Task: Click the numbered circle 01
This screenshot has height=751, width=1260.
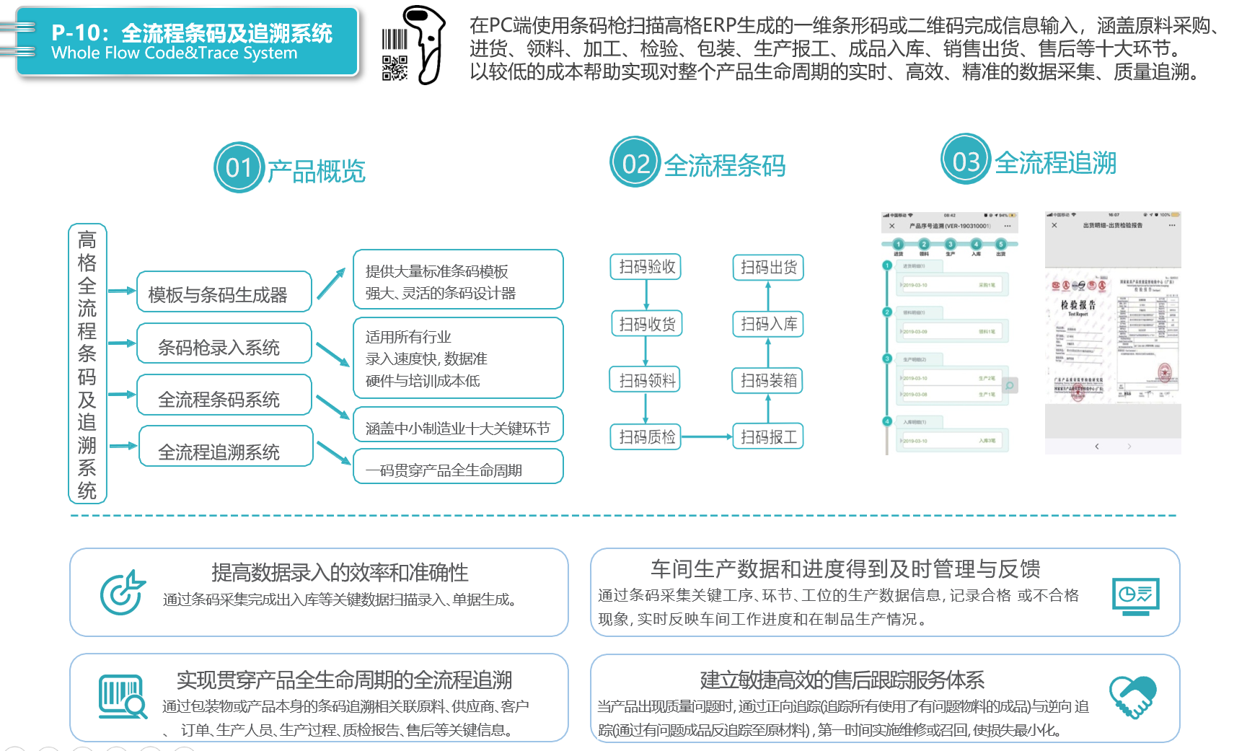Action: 239,167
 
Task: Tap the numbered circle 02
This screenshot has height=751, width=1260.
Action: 635,162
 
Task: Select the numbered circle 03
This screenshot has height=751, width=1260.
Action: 966,159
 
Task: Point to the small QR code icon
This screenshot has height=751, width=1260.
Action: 395,68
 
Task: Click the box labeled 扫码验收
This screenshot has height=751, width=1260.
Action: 646,267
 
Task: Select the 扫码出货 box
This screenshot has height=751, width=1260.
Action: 768,268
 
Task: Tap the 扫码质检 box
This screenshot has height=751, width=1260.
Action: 646,436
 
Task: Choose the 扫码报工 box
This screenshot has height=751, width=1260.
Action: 768,436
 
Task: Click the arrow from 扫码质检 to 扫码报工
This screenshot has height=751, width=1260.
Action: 707,436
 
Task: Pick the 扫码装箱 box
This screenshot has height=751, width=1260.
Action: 768,380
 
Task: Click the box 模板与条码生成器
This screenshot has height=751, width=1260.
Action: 224,292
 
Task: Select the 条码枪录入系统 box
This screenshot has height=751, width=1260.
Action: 224,344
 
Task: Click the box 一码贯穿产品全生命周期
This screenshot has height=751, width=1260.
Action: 458,467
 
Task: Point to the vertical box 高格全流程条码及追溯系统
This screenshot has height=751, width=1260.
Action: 87,364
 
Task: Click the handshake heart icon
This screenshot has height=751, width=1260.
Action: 1132,696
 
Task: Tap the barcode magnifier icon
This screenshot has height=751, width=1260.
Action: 122,696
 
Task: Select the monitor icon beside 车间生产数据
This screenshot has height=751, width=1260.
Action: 1135,596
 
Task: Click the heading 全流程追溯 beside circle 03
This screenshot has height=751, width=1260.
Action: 1055,163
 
